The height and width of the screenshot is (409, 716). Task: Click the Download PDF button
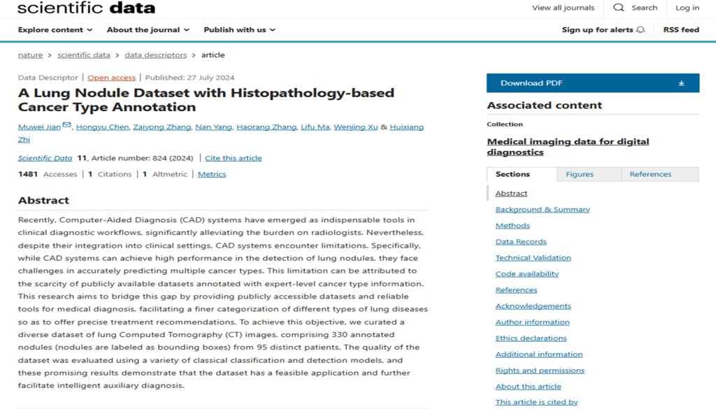592,83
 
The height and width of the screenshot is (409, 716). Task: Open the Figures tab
580,174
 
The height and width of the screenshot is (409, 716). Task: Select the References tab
650,174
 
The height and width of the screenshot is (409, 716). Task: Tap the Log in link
687,8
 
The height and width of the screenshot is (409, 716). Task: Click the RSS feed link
681,30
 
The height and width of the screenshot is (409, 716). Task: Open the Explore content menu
55,30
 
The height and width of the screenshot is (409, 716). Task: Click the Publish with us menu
239,30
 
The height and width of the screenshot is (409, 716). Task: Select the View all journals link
563,8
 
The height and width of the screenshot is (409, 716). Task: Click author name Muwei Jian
40,127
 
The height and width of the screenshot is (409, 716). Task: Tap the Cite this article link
234,158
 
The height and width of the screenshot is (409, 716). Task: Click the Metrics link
212,174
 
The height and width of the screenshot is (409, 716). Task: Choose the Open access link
111,78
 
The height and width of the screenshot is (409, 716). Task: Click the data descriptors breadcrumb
155,55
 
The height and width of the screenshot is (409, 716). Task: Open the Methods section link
513,225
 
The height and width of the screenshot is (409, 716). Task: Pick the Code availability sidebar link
527,273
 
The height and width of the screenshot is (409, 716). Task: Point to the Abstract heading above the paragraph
43,200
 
